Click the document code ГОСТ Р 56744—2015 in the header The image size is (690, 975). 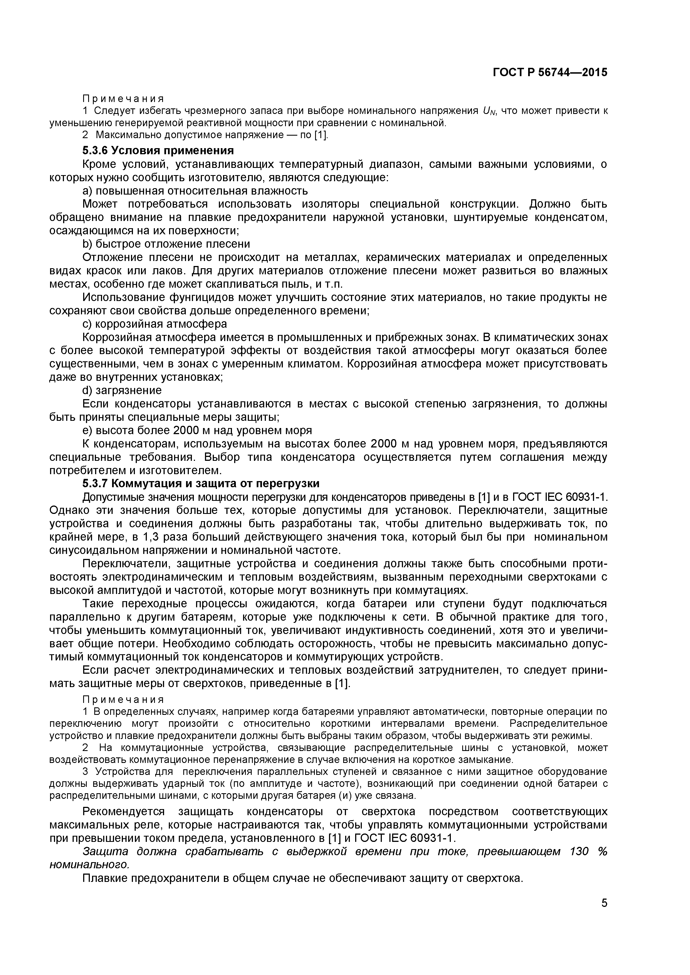pos(550,73)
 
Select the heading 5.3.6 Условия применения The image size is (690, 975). pos(158,151)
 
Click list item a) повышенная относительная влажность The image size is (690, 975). pos(195,191)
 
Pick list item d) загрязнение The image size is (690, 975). pos(122,390)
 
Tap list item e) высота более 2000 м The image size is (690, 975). pos(197,430)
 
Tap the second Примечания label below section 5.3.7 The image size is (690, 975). pos(123,699)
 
